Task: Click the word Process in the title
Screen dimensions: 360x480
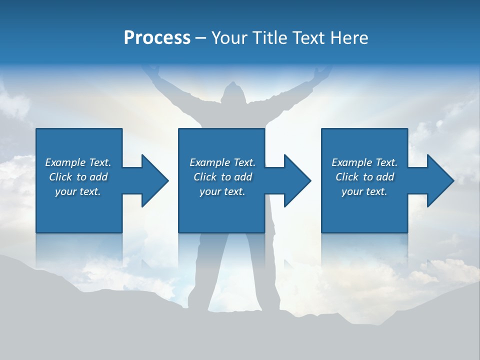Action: coord(157,38)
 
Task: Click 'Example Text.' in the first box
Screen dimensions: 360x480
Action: coord(78,162)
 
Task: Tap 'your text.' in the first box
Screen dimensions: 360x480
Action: coord(78,191)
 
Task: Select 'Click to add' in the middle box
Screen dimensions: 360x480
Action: coord(222,177)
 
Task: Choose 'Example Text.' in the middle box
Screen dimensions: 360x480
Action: coord(222,162)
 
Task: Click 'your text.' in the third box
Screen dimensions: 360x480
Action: coord(364,191)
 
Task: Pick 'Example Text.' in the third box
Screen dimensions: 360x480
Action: coord(364,162)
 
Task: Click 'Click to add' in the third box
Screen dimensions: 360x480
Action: coord(364,177)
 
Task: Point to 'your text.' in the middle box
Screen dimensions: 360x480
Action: coord(222,191)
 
